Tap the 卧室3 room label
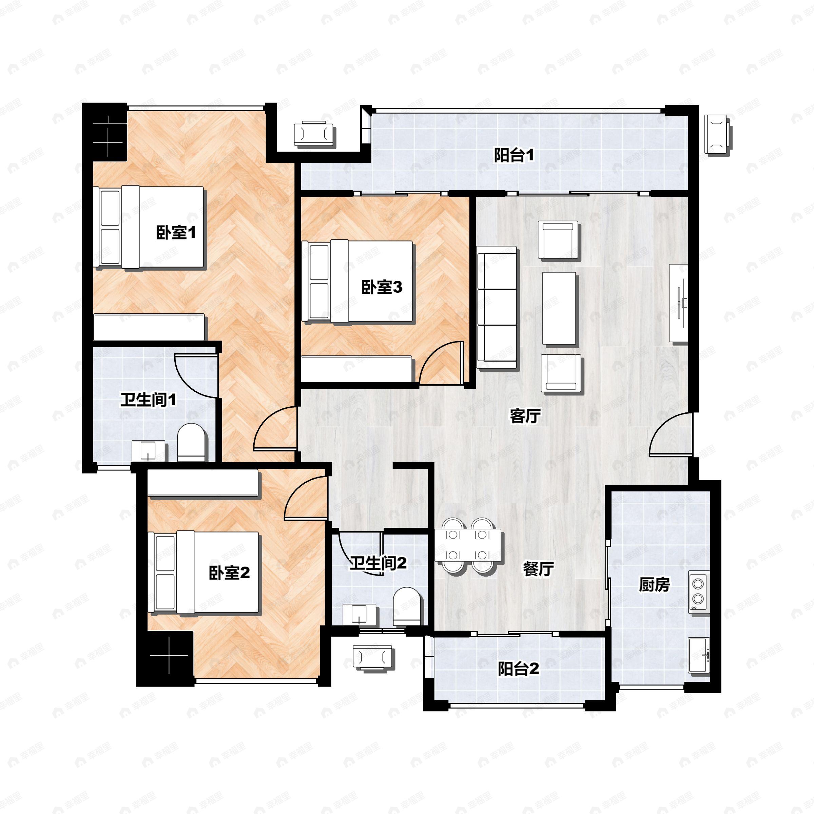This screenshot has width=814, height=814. pyautogui.click(x=382, y=287)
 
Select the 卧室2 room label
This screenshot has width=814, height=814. pyautogui.click(x=229, y=573)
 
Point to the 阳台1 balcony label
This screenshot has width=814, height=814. pyautogui.click(x=513, y=155)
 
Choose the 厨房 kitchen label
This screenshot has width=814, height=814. pyautogui.click(x=654, y=585)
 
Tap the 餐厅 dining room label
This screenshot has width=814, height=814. pyautogui.click(x=538, y=569)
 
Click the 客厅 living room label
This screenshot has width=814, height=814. pyautogui.click(x=525, y=416)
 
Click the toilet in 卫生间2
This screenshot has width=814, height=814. pyautogui.click(x=407, y=607)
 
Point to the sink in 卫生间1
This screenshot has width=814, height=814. pyautogui.click(x=148, y=451)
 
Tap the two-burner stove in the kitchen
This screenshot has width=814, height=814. pyautogui.click(x=699, y=592)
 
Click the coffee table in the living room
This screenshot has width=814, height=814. pyautogui.click(x=559, y=308)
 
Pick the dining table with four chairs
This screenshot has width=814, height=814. pyautogui.click(x=468, y=546)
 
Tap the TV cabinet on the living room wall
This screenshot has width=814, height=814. pyautogui.click(x=678, y=303)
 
